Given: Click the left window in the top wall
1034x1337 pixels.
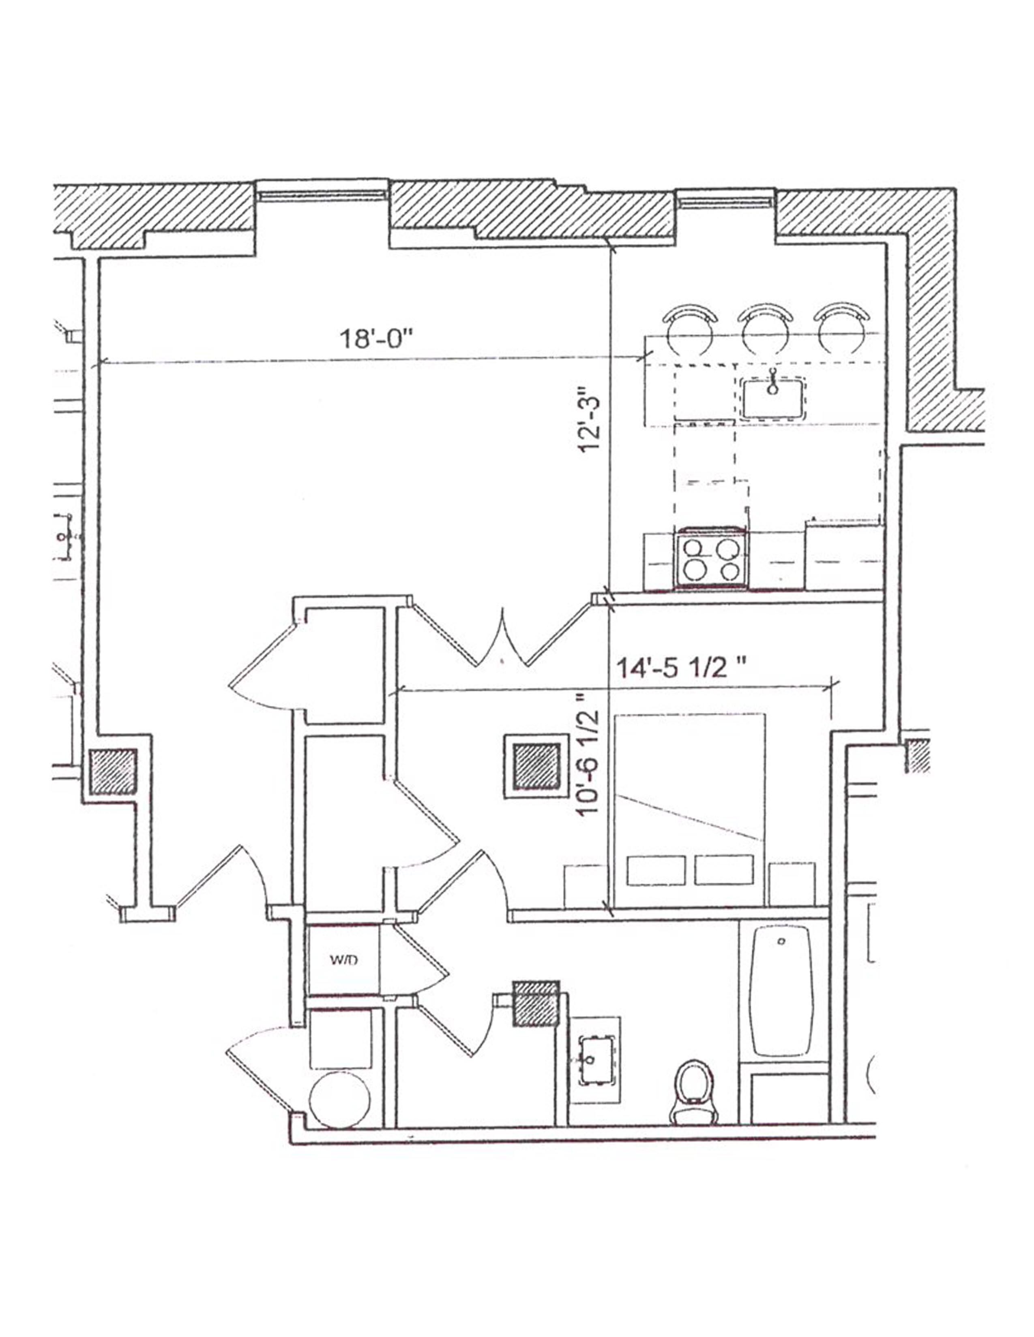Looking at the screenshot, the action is pos(322,194).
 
